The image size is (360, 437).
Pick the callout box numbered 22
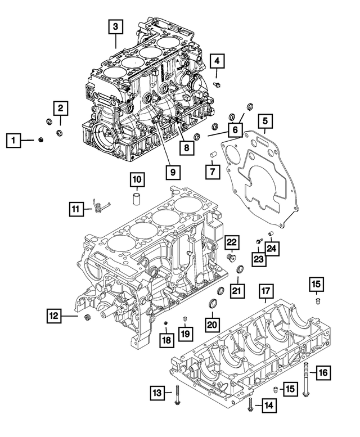(x=232, y=243)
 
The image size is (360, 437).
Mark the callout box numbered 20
(x=213, y=325)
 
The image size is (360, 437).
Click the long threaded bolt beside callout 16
(x=306, y=380)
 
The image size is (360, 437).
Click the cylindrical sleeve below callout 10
(x=137, y=199)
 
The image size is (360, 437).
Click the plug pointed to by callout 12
(x=87, y=319)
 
